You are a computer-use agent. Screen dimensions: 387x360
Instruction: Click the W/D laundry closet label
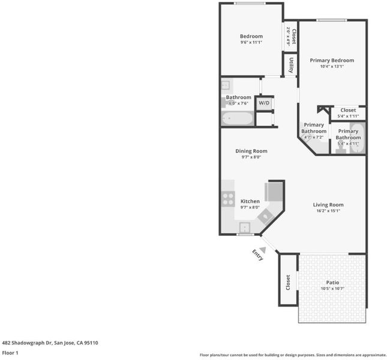[x=264, y=103]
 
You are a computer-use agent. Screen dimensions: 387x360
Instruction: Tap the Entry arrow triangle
[x=263, y=250]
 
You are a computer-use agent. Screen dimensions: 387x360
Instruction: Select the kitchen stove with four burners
[x=228, y=199]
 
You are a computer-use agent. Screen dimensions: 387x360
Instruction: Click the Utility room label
[x=291, y=65]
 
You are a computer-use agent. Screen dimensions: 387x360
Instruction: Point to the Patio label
[x=332, y=282]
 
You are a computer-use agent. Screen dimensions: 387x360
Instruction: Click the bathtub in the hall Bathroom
[x=238, y=118]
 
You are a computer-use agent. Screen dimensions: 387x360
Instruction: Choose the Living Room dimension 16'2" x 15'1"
[x=328, y=211]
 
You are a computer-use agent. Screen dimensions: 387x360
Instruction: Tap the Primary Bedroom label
[x=332, y=60]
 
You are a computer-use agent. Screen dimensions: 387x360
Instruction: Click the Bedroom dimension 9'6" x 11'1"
[x=251, y=42]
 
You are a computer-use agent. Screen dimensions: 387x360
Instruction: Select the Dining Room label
[x=251, y=151]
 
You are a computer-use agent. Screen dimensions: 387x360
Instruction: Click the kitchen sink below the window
[x=245, y=227]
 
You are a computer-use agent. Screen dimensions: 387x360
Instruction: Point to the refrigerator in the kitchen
[x=274, y=192]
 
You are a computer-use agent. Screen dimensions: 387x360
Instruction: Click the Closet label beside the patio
[x=288, y=282]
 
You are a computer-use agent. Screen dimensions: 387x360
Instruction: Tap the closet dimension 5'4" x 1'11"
[x=348, y=116]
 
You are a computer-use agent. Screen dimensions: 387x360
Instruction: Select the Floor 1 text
[x=10, y=353]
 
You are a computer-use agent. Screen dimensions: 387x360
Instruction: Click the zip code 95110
[x=91, y=343]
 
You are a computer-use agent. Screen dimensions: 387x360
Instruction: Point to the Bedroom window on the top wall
[x=250, y=3]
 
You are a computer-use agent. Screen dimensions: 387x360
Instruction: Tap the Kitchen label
[x=250, y=201]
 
